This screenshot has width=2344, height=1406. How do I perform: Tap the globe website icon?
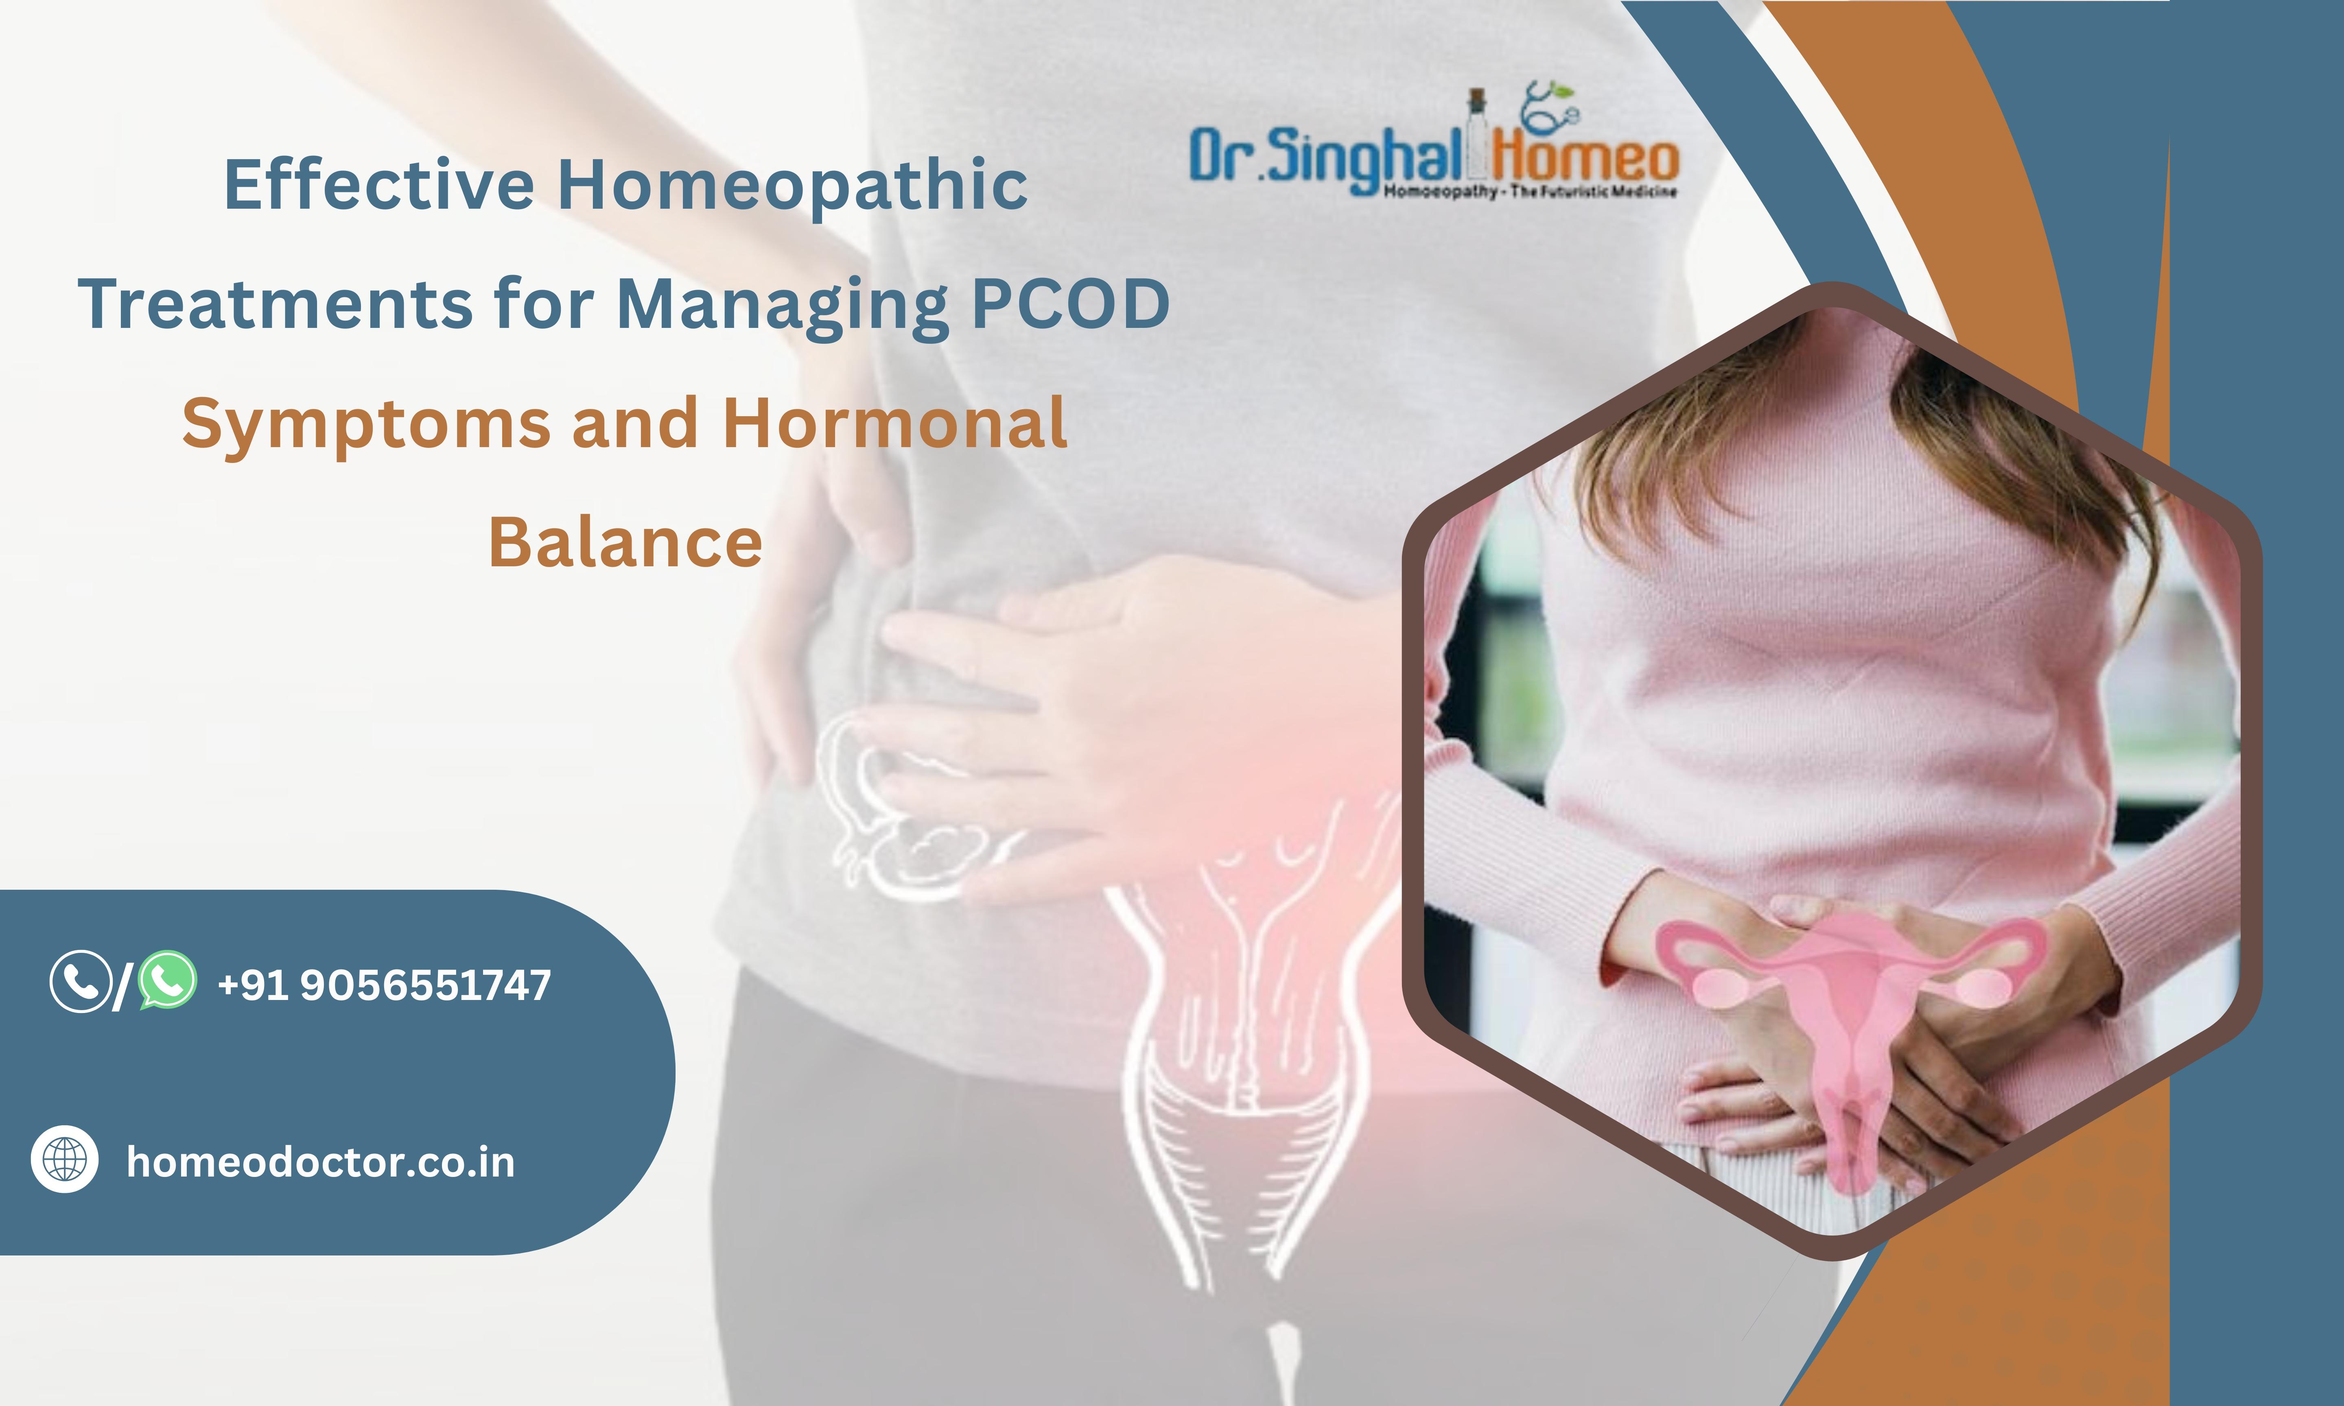click(x=64, y=1159)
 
